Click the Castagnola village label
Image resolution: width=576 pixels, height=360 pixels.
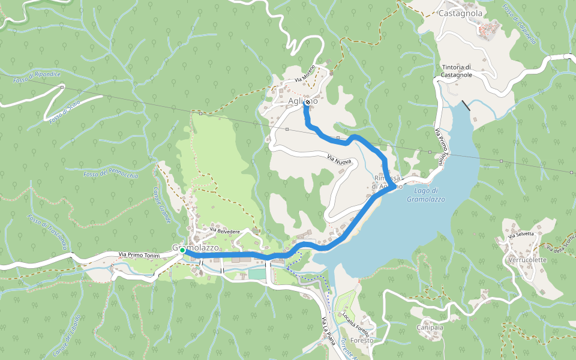click(460, 13)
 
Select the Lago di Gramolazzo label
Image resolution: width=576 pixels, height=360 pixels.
click(425, 194)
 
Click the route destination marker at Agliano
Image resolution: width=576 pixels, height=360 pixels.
click(307, 103)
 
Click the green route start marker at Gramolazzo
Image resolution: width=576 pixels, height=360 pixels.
click(182, 250)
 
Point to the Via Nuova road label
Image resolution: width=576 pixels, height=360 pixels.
click(339, 159)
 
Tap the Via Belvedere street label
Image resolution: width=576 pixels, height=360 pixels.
click(225, 230)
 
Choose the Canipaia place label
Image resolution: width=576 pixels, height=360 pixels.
click(430, 328)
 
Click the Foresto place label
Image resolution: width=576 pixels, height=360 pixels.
click(362, 340)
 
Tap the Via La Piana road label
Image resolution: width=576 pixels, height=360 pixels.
click(328, 331)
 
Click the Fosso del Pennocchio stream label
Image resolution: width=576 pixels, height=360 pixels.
click(111, 175)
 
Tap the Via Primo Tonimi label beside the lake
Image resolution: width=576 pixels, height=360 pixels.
click(441, 146)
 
